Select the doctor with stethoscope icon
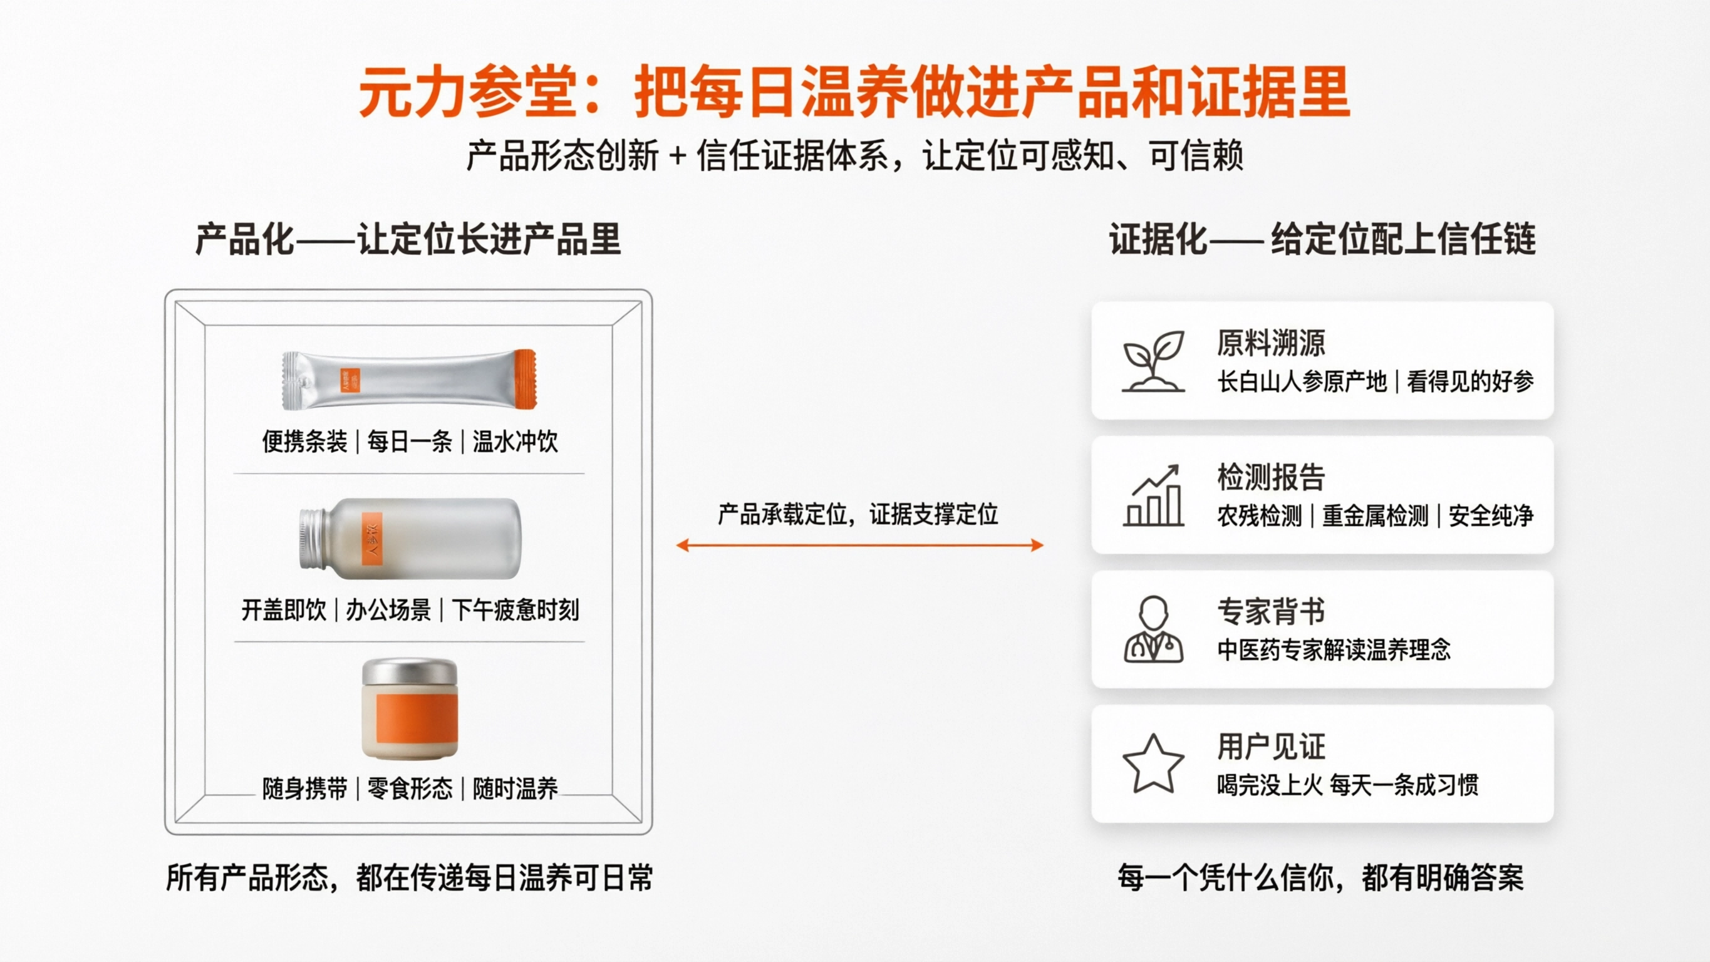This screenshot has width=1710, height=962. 1153,629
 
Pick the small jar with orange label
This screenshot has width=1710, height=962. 410,709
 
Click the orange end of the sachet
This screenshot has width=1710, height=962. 526,379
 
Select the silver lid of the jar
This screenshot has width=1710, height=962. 410,672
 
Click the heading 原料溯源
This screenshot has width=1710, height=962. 1270,343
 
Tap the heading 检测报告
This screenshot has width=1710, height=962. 1270,477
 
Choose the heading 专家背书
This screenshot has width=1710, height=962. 1270,611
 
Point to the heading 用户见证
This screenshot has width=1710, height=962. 1270,746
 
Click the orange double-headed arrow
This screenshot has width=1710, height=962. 859,546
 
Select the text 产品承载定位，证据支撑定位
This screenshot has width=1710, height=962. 858,514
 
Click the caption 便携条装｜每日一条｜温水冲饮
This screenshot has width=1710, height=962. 410,442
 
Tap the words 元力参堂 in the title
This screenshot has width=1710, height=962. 467,92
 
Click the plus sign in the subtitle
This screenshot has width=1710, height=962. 677,157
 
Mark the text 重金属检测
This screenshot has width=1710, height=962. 1375,516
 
